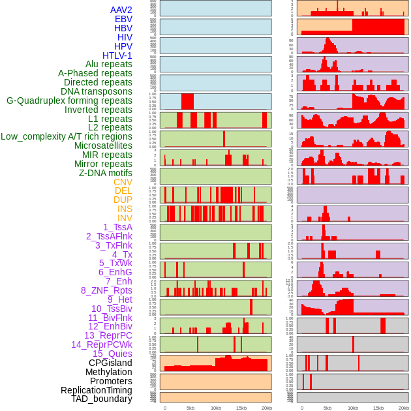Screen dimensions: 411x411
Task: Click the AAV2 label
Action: (121, 10)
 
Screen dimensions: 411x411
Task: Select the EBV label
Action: (123, 19)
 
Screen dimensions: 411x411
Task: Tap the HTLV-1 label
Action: (117, 55)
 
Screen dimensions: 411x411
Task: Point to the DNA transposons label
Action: (97, 91)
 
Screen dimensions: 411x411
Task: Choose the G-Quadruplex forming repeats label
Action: (69, 100)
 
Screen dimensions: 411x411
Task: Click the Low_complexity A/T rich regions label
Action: (66, 136)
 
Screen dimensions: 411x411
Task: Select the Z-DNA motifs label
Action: (105, 173)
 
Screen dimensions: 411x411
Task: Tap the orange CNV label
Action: (123, 182)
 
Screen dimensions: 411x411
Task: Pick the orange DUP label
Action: (123, 200)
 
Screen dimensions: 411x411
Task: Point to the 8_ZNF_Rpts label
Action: (106, 290)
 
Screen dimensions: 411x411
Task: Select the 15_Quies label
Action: (112, 354)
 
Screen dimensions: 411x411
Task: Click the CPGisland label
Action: (110, 363)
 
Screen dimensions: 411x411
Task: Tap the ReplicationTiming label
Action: (97, 390)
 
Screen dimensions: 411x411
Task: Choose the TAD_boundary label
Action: (101, 399)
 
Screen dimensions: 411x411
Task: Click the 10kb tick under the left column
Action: (216, 408)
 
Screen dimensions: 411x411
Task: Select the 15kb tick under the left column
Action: (241, 408)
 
